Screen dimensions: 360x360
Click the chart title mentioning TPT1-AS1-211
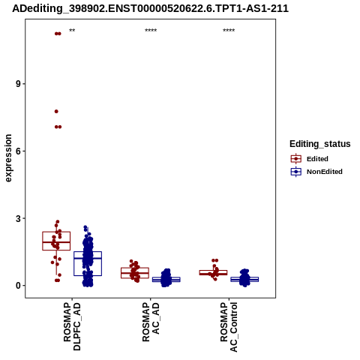[x=151, y=9]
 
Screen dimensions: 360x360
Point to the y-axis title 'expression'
[x=8, y=158]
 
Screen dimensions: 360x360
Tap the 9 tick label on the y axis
[x=18, y=84]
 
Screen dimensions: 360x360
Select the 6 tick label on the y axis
[x=18, y=151]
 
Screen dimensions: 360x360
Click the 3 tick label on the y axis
[x=18, y=218]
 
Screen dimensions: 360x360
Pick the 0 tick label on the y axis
[x=18, y=286]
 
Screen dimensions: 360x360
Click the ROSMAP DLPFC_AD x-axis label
[x=72, y=326]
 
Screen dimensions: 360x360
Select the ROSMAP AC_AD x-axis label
[x=151, y=322]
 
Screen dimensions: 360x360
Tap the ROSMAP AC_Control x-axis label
[x=229, y=327]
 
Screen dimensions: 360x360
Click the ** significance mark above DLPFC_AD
[x=72, y=31]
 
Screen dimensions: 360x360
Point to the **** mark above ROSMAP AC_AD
[x=151, y=31]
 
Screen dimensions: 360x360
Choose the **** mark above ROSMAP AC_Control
[x=229, y=31]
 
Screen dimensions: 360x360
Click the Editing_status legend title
[x=320, y=144]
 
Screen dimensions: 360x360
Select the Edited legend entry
[x=310, y=159]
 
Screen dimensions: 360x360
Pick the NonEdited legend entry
[x=316, y=172]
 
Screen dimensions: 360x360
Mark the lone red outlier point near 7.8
[x=56, y=112]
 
